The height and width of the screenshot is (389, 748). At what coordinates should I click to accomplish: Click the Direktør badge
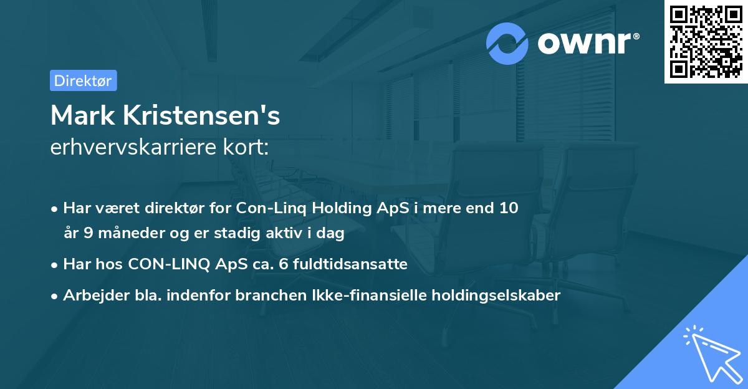tap(83, 80)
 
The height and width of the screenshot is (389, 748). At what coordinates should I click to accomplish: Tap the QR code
tap(706, 42)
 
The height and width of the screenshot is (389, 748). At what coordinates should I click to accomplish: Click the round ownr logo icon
tap(507, 43)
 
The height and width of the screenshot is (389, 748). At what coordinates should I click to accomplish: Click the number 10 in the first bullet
tap(509, 208)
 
